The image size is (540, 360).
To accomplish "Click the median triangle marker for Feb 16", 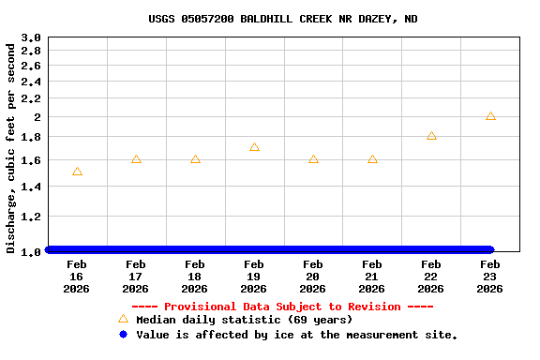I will click(77, 172).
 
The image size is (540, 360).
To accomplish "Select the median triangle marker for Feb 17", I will click(136, 159).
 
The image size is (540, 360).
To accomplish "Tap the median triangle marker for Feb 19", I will click(254, 147).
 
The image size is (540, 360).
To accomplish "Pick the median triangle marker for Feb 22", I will click(431, 136).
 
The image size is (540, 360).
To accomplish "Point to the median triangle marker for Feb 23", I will click(490, 116).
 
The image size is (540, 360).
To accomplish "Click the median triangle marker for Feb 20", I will click(313, 159).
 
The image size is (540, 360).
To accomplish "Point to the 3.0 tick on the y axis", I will click(31, 38).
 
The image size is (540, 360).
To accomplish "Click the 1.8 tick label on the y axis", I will click(31, 137).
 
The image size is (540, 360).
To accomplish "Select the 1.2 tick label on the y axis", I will click(31, 217).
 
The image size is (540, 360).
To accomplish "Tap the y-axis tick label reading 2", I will click(37, 117).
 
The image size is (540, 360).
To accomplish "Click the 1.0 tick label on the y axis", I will click(31, 251).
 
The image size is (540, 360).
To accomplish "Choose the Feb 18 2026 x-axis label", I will click(195, 277).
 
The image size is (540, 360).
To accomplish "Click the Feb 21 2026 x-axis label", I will click(372, 277).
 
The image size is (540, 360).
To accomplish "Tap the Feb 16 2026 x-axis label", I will click(77, 277).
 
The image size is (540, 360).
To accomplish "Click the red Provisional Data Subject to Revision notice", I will click(282, 307).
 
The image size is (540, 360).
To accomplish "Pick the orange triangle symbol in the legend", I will click(123, 319).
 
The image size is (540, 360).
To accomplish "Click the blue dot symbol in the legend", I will click(123, 334).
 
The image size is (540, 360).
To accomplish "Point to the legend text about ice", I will click(296, 335).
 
